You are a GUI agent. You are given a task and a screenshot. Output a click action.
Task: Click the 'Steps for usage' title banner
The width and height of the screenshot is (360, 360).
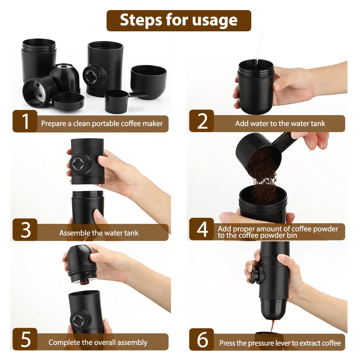179,21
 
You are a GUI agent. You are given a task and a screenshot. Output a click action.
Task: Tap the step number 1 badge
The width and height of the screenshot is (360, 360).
25,121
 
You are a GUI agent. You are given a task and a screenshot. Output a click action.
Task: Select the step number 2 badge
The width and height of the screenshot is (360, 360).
202,121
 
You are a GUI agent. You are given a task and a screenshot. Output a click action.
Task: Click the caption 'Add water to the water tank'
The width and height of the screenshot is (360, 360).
280,123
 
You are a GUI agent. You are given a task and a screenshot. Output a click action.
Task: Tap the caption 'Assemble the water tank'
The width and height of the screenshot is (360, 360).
99,233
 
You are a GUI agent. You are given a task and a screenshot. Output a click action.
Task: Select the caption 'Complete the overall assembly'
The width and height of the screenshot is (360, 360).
98,342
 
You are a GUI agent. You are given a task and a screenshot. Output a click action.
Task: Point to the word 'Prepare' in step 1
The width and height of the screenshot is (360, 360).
54,123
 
